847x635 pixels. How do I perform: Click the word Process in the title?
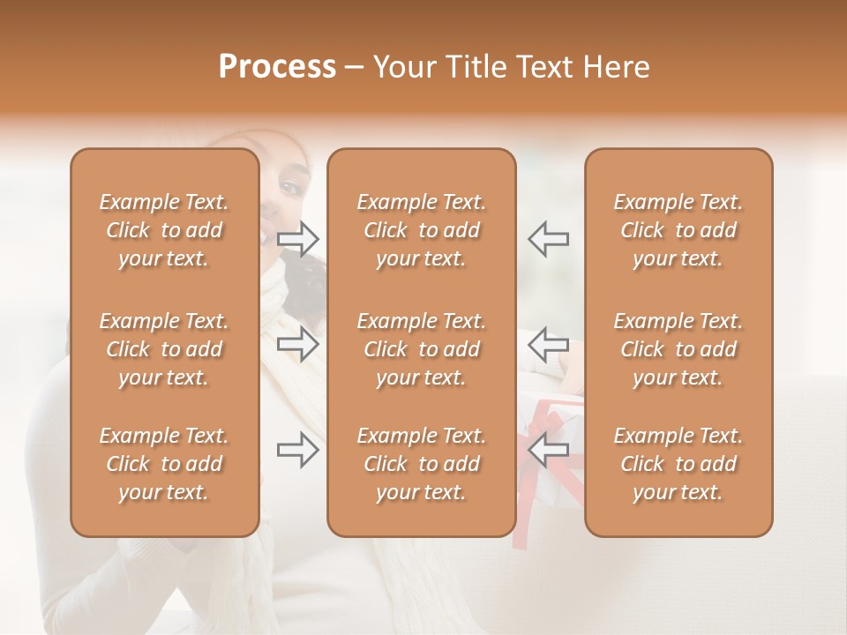coord(277,67)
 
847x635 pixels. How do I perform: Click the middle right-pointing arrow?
coord(298,344)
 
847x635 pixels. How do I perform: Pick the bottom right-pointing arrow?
coord(298,450)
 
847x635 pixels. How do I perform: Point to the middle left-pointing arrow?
coord(548,344)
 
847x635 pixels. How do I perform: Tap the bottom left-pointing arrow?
coord(548,450)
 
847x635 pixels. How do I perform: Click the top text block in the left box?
coord(164,230)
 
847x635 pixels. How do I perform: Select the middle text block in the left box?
coord(164,349)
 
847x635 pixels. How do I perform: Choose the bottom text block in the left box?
coord(164,464)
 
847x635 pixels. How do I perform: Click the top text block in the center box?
coord(422,230)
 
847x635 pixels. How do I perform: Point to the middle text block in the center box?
coord(422,349)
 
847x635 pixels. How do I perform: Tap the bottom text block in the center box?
coord(422,464)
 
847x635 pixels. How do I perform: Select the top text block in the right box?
coord(678,230)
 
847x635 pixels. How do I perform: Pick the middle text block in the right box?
coord(678,349)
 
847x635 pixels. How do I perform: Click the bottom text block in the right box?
coord(678,464)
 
